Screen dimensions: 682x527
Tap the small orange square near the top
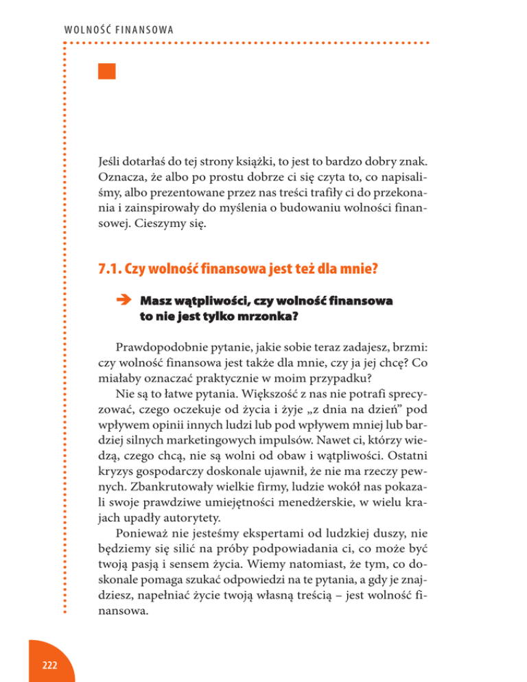[106, 71]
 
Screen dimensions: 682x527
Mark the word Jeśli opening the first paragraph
[110, 165]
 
